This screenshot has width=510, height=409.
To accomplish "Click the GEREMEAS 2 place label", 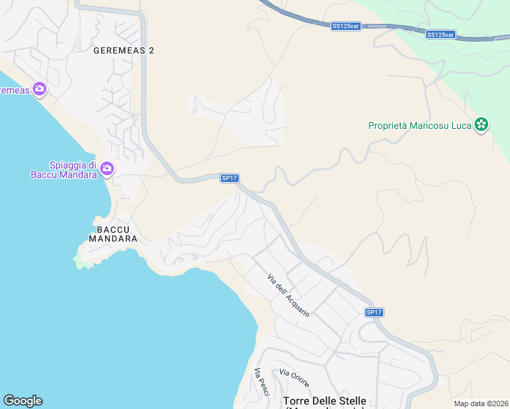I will click(x=123, y=50).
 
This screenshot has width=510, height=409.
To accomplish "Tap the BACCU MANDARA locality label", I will click(x=113, y=234).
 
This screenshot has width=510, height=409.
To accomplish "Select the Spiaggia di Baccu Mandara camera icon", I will click(x=106, y=168).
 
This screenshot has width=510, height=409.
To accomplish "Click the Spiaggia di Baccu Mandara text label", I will click(x=73, y=169).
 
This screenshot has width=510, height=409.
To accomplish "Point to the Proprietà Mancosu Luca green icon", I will click(x=481, y=125).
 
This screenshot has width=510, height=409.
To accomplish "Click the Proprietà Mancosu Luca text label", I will click(x=420, y=125).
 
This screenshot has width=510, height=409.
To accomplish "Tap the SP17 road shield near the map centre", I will click(x=229, y=178).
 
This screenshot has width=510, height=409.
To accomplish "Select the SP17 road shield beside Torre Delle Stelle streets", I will click(x=374, y=312).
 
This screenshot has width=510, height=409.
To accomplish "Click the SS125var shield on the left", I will click(x=346, y=26).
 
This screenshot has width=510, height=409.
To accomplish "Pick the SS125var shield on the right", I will click(x=440, y=34).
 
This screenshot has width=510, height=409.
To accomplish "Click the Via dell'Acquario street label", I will click(x=289, y=294).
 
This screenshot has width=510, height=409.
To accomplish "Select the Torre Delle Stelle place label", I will click(x=325, y=401).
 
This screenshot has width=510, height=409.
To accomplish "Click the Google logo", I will click(x=22, y=401).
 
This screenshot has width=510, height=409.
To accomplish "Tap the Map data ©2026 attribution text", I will click(x=481, y=404).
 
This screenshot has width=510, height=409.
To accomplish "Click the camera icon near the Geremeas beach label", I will click(x=39, y=89).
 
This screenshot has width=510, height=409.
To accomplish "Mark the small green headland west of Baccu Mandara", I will click(x=84, y=259).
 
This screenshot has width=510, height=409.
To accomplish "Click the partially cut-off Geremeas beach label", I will click(x=13, y=90).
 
